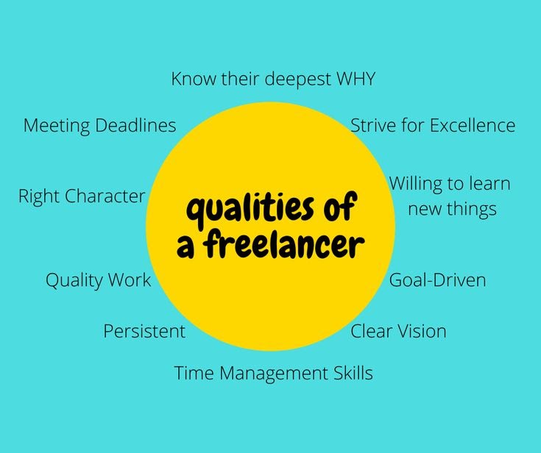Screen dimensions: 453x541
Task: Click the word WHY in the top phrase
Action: point(356,79)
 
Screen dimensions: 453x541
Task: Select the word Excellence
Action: point(472,125)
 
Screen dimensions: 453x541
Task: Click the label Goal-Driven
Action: point(437,280)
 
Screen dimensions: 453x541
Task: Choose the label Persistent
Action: point(144,331)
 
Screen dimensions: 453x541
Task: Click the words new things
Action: point(452,209)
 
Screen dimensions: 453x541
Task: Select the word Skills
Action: point(350,374)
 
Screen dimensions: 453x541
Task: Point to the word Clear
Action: point(372,331)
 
